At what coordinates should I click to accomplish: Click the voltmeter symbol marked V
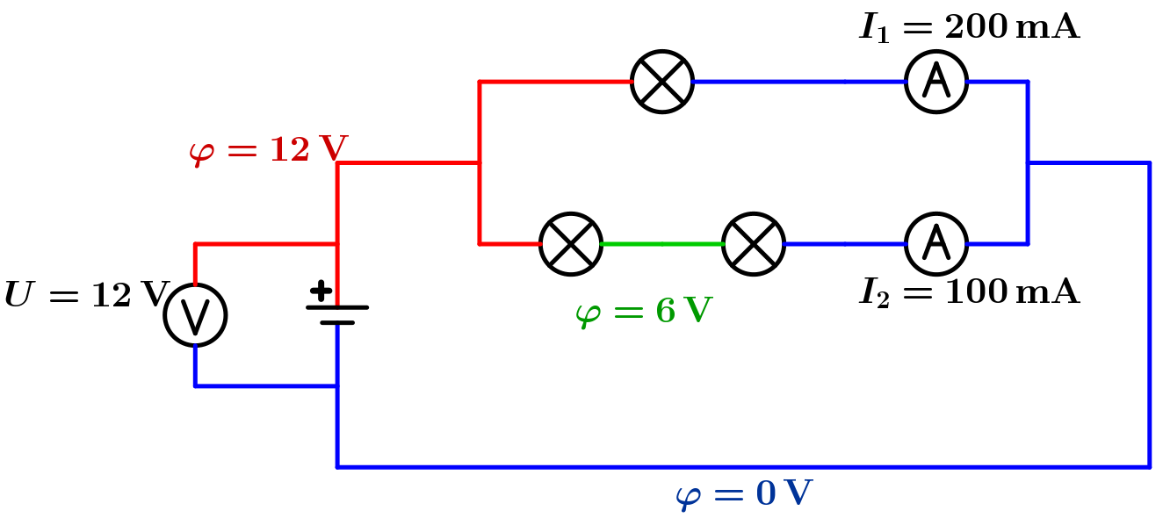click(x=195, y=315)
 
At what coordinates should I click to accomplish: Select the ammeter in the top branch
click(x=936, y=82)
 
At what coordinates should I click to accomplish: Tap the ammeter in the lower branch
click(x=936, y=243)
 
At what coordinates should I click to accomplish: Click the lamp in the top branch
click(x=662, y=82)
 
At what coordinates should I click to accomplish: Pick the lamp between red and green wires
click(x=571, y=243)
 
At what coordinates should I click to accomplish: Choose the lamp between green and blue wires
click(x=754, y=243)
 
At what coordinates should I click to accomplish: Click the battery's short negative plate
click(x=337, y=323)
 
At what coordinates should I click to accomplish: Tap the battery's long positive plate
click(x=337, y=307)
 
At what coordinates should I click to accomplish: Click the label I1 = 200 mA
click(x=969, y=28)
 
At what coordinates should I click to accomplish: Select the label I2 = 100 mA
click(x=969, y=292)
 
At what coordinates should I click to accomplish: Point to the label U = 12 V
click(x=86, y=295)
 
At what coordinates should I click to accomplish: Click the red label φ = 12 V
click(x=268, y=150)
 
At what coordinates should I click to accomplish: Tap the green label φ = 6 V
click(x=643, y=311)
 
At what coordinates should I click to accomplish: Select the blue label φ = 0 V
click(x=744, y=494)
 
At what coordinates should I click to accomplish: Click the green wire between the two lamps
click(x=662, y=243)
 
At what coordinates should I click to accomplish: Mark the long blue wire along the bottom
click(x=743, y=467)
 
